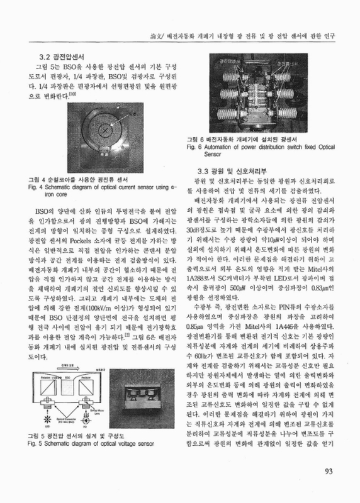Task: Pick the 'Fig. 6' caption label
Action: click(x=195, y=146)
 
